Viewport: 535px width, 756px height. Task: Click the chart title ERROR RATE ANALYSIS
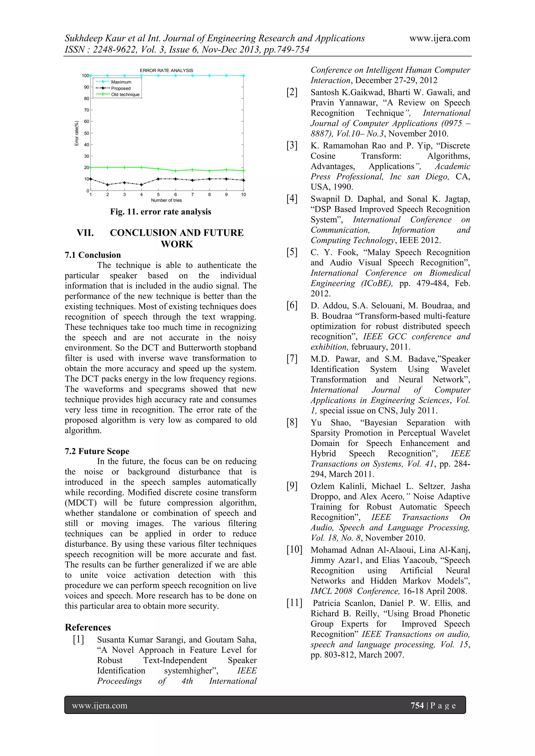click(x=166, y=70)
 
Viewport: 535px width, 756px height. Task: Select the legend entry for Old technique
click(x=125, y=95)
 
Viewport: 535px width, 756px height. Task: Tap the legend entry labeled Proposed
click(x=121, y=88)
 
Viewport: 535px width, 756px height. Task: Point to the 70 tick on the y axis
click(x=86, y=110)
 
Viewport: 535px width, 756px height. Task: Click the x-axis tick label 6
click(x=175, y=194)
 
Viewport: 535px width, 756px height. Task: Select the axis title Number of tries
click(x=166, y=200)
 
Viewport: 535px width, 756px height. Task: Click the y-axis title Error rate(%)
click(x=77, y=133)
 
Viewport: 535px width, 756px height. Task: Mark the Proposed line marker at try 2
click(x=108, y=185)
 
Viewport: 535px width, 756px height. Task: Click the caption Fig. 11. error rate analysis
click(x=160, y=212)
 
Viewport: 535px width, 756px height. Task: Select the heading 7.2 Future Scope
click(x=97, y=451)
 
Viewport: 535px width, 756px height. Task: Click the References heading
click(x=88, y=627)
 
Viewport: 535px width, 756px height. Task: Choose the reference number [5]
click(x=292, y=252)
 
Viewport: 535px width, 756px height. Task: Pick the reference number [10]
click(x=294, y=550)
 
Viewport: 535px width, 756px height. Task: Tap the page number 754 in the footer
click(x=417, y=705)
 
